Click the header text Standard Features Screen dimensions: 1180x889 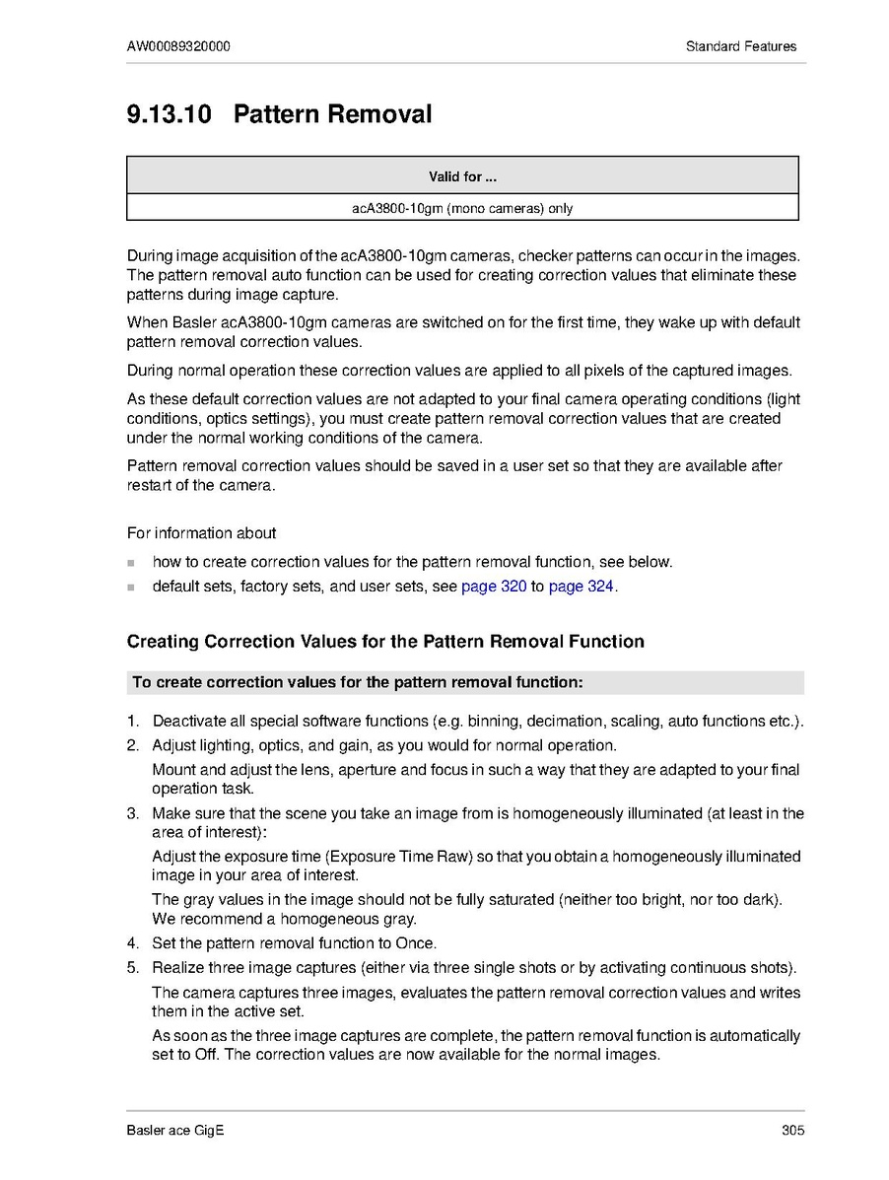741,46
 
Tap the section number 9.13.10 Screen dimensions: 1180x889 169,114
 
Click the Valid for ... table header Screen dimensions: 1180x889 461,177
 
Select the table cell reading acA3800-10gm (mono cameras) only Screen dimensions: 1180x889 461,208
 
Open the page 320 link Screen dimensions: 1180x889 494,587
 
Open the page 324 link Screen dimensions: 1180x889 581,587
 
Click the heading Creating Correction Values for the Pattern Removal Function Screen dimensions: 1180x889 385,642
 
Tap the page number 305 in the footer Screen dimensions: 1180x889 792,1131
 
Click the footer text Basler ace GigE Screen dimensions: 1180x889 175,1131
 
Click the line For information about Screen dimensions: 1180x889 201,533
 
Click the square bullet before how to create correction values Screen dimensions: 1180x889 131,563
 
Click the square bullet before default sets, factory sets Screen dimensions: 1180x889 131,588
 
